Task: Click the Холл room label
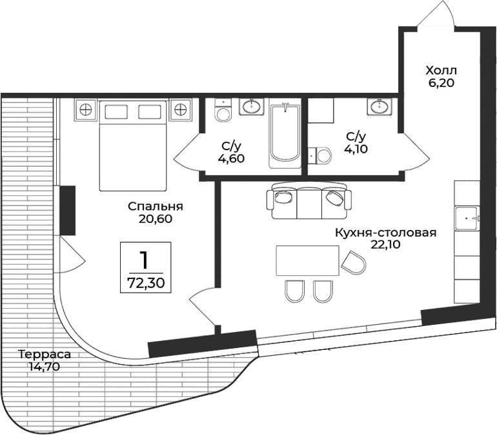[x=441, y=70]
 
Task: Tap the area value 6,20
[x=441, y=82]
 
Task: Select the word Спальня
[x=156, y=207]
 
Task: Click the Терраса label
[x=44, y=354]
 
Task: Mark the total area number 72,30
[x=145, y=282]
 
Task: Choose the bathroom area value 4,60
[x=232, y=158]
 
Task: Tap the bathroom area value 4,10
[x=356, y=148]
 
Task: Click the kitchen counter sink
[x=467, y=218]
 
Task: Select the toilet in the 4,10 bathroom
[x=320, y=155]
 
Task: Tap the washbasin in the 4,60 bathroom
[x=251, y=106]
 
